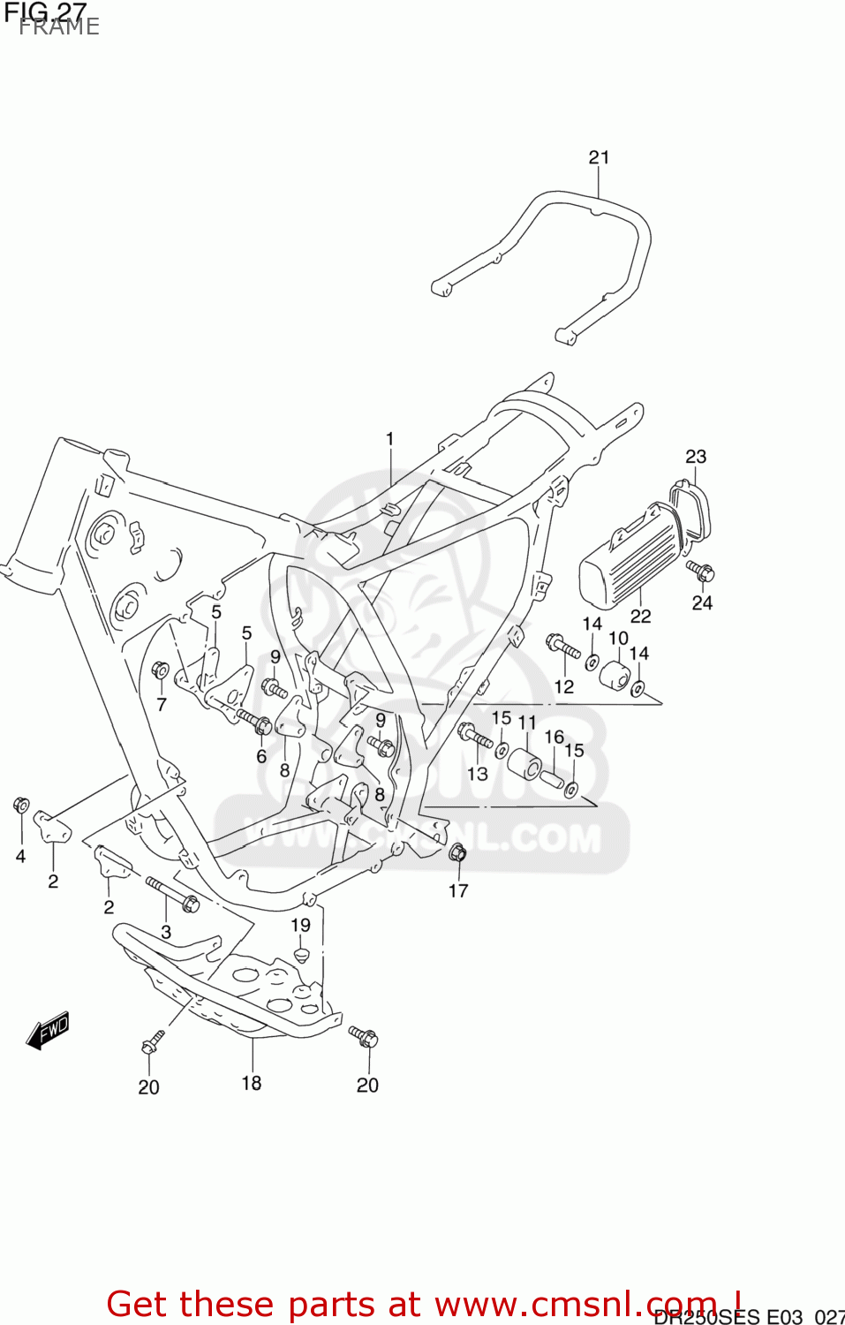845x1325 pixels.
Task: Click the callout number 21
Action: click(599, 157)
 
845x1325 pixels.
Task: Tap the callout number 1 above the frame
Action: click(389, 439)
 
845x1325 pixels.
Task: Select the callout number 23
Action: click(696, 457)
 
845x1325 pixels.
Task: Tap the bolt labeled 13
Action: click(476, 735)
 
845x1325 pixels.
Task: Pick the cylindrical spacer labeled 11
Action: click(526, 763)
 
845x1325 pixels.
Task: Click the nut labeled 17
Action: click(457, 852)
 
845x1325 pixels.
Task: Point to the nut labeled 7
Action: click(160, 670)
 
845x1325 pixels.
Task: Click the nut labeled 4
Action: click(21, 805)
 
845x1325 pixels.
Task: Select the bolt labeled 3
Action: click(173, 894)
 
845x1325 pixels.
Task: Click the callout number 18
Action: click(252, 1083)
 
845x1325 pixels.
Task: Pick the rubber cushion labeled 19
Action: click(301, 957)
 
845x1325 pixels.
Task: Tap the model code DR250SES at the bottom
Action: click(705, 1317)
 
